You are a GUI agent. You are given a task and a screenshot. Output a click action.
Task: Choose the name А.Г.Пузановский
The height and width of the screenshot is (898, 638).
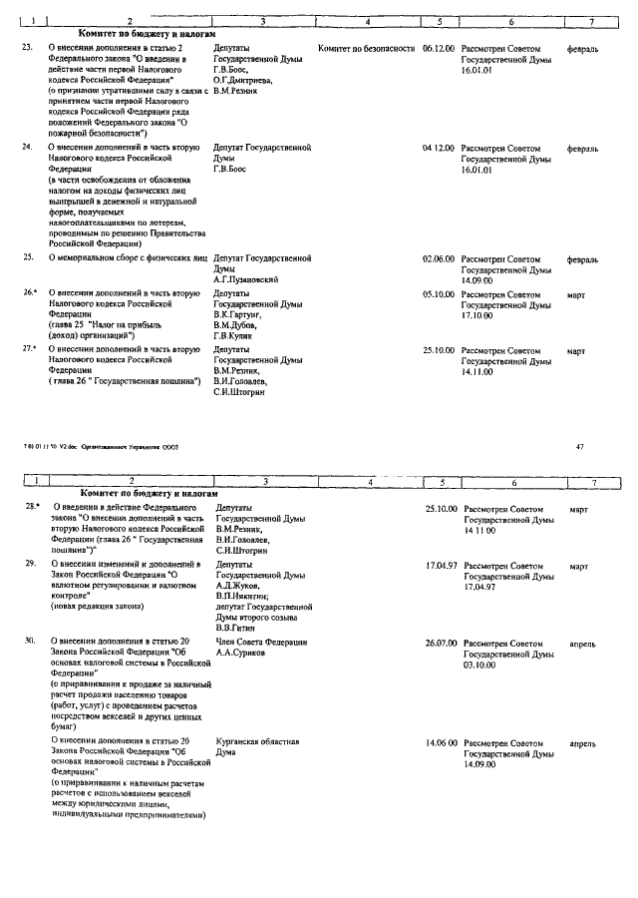click(246, 280)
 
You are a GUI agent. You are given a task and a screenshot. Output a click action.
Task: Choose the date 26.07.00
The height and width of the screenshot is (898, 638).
click(441, 642)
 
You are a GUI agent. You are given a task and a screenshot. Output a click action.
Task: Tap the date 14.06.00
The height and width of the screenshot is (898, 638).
click(441, 742)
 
